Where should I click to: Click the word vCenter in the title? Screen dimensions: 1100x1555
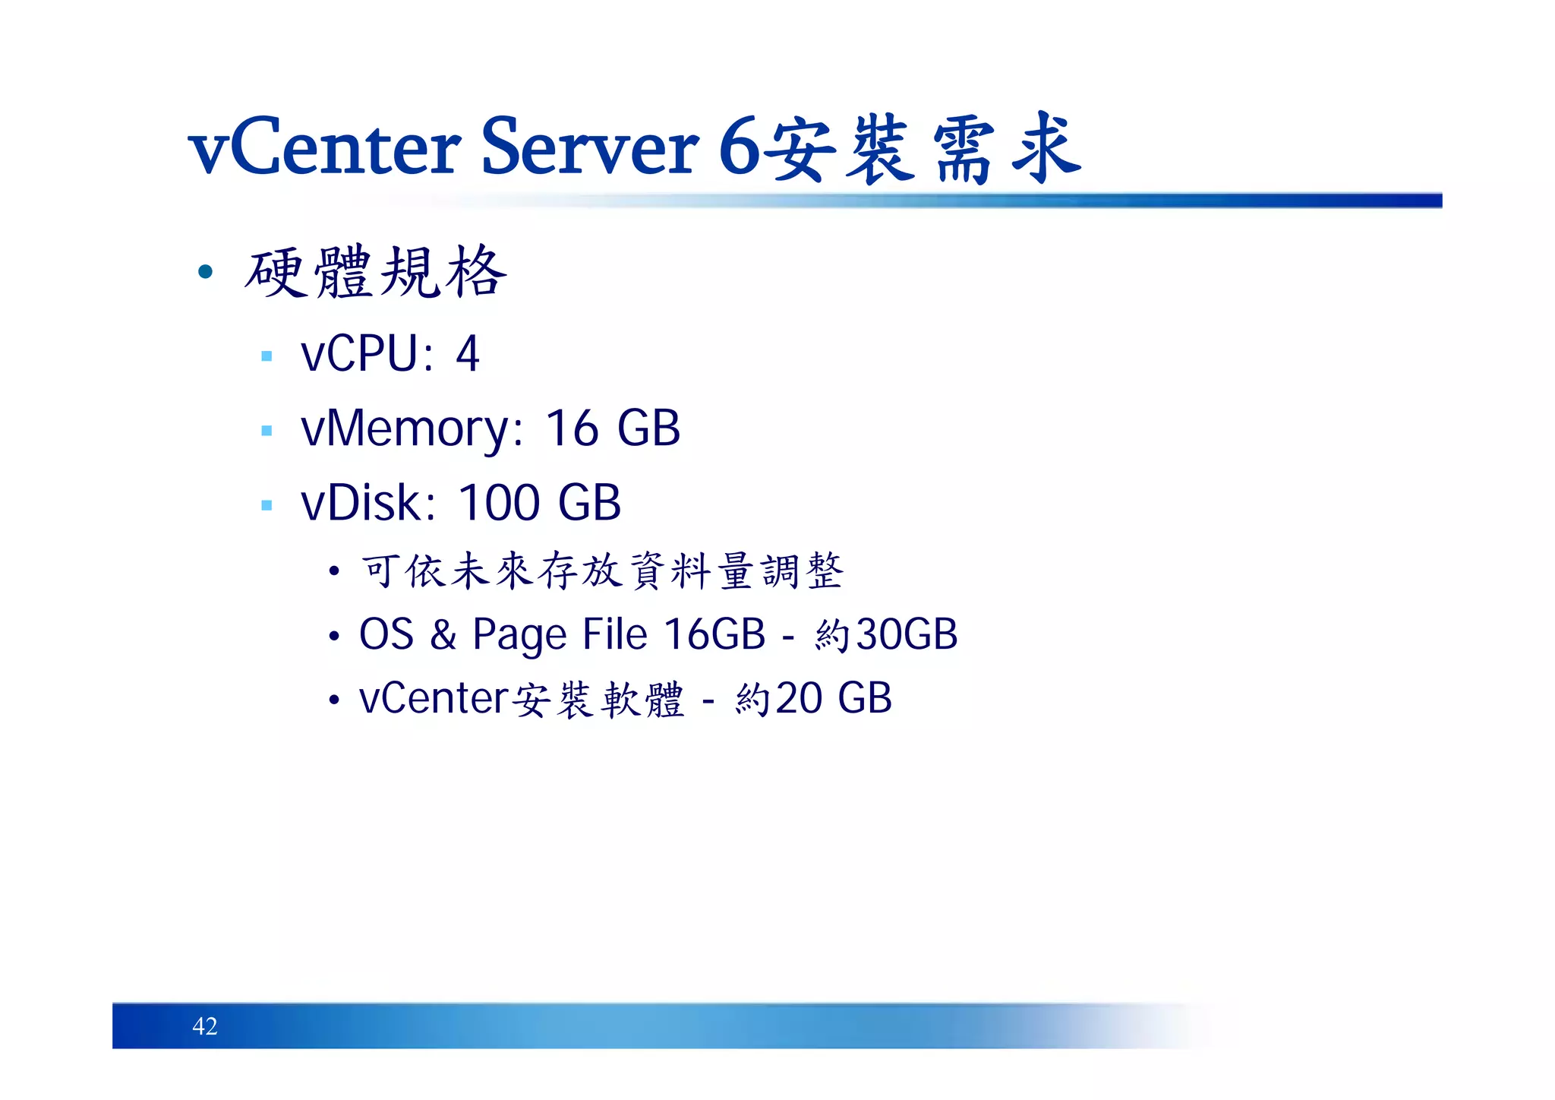(324, 147)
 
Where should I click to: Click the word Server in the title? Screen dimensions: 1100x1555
(589, 147)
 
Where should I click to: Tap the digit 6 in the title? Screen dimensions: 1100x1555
(739, 147)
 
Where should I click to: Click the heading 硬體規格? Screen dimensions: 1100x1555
(375, 272)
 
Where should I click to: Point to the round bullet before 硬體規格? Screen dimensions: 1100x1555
(205, 271)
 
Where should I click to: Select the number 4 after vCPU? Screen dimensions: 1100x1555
(468, 354)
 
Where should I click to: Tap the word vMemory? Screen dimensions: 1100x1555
(412, 428)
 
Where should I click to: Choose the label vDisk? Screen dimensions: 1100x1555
(368, 502)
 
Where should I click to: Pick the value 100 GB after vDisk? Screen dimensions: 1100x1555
(540, 502)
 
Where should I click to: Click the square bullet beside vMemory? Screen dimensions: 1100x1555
(267, 431)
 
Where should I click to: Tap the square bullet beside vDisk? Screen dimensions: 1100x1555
(267, 505)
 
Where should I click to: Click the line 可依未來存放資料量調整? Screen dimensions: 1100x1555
(601, 571)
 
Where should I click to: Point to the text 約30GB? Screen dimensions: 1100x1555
(886, 634)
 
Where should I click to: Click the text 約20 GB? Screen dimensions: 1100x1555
(813, 698)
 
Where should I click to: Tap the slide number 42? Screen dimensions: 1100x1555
(205, 1026)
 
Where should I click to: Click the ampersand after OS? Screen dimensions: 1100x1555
(443, 634)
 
